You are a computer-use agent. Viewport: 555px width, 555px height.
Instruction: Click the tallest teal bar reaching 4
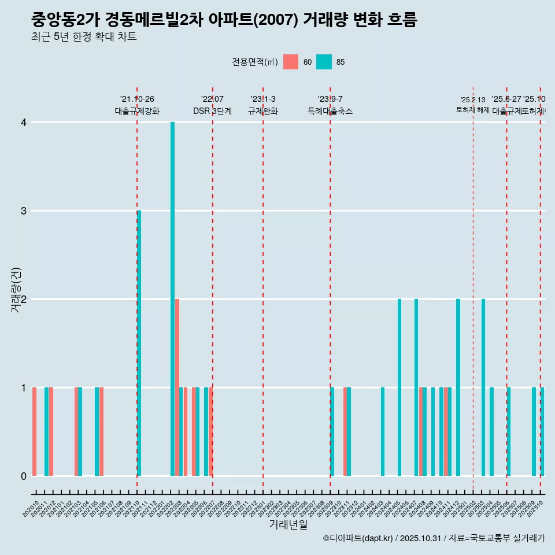[x=172, y=299]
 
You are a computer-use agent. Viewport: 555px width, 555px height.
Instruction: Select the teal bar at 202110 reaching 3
[x=139, y=343]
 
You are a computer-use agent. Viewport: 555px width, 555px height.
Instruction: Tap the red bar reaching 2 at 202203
[x=177, y=387]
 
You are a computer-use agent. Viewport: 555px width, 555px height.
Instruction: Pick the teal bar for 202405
[x=399, y=387]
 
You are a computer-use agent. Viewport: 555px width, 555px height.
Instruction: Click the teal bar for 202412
[x=458, y=387]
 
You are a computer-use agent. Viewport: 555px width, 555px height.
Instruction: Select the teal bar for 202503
[x=483, y=387]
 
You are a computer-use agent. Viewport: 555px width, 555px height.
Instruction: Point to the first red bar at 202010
[x=35, y=431]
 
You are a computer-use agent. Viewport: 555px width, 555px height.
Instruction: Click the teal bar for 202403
[x=383, y=431]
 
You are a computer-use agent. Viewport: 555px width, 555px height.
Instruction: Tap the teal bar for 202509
[x=534, y=431]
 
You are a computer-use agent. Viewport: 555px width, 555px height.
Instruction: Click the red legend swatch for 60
[x=291, y=62]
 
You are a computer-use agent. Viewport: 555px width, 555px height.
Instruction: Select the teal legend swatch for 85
[x=324, y=62]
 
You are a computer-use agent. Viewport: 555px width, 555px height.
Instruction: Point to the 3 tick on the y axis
[x=24, y=211]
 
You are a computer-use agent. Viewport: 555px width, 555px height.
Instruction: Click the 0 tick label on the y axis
[x=24, y=476]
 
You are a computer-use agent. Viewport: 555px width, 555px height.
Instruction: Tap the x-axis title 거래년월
[x=288, y=524]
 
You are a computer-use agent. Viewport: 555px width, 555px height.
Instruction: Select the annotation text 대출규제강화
[x=137, y=112]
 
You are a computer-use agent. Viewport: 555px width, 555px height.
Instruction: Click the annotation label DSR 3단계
[x=212, y=112]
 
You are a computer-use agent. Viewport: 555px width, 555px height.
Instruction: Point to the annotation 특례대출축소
[x=330, y=112]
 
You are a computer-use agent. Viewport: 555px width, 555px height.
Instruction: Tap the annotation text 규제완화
[x=263, y=112]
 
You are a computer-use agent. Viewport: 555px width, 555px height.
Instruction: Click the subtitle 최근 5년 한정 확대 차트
[x=84, y=38]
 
